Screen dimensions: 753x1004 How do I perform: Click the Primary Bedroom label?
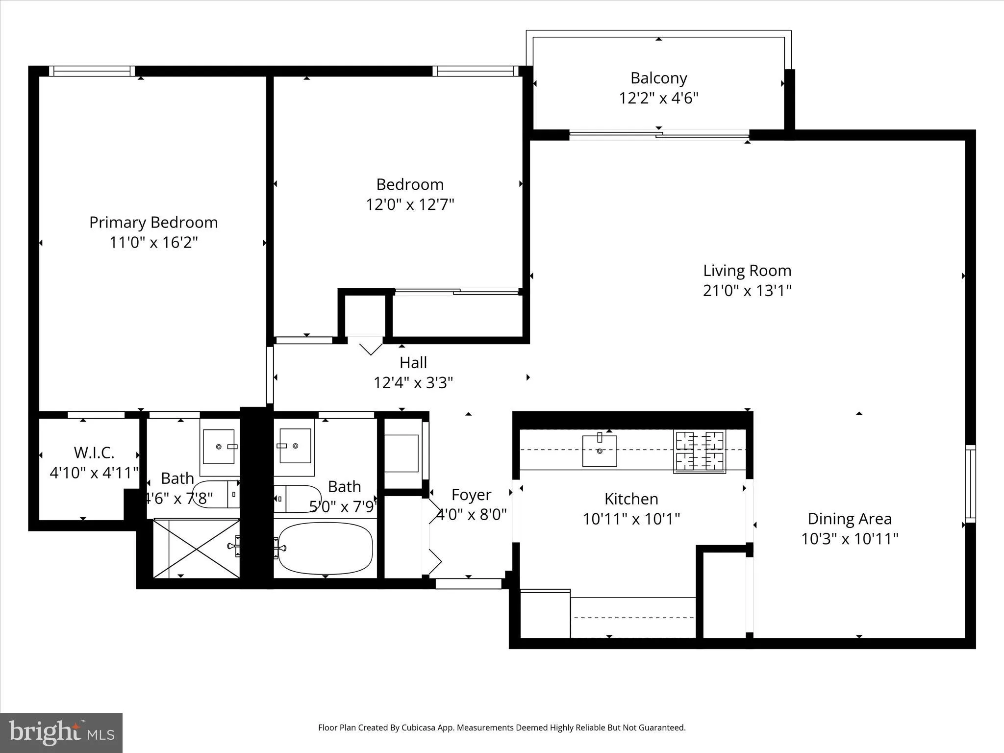point(153,223)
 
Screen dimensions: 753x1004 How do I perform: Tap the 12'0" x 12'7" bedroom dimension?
point(410,204)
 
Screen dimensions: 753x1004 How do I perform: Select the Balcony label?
point(658,78)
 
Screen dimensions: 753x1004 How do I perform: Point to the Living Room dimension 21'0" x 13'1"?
point(747,291)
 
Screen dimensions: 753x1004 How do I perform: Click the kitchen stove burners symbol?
point(700,451)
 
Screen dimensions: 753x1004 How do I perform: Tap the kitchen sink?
point(599,451)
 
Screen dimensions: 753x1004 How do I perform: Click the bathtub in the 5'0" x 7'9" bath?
point(326,548)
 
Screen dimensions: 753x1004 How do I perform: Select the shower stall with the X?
point(196,549)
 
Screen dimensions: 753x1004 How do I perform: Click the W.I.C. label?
point(94,452)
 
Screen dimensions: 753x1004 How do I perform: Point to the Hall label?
point(413,363)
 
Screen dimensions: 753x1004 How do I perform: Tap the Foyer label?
point(471,495)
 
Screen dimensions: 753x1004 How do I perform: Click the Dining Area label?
point(849,519)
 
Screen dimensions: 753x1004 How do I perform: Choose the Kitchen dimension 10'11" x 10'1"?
point(631,519)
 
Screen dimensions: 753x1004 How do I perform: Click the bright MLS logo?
point(61,732)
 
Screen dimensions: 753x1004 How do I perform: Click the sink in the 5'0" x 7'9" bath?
point(295,446)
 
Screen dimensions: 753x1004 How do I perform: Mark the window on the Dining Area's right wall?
point(970,483)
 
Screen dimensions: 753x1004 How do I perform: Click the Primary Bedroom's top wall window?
point(93,71)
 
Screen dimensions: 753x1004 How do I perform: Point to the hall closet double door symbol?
point(371,348)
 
